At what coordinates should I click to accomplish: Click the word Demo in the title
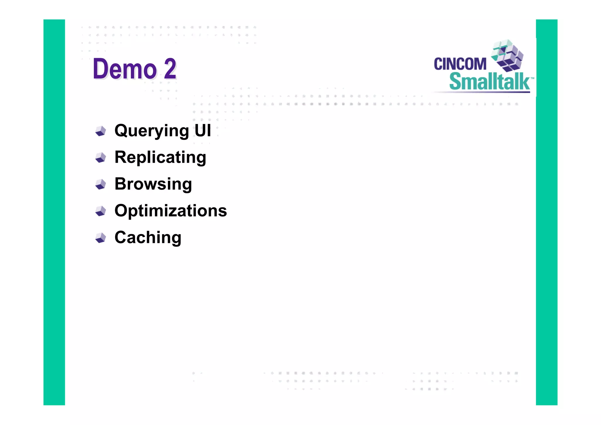pos(124,69)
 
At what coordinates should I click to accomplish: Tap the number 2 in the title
pos(170,69)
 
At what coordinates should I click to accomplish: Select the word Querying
pos(151,131)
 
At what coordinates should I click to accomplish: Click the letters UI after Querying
pos(202,130)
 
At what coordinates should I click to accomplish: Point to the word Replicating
pos(160,157)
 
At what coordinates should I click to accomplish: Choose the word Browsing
pos(153,184)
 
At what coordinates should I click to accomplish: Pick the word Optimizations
pos(170,211)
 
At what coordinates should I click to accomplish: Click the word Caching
pos(148,237)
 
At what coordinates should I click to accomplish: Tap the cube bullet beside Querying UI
pos(101,131)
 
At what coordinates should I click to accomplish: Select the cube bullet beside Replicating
pos(101,157)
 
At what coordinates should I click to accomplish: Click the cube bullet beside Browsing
pos(101,184)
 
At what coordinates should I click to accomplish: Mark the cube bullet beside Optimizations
pos(101,211)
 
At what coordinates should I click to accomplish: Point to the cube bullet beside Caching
pos(101,238)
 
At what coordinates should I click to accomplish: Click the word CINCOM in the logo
pos(460,64)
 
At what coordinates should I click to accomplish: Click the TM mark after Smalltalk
pos(532,78)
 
